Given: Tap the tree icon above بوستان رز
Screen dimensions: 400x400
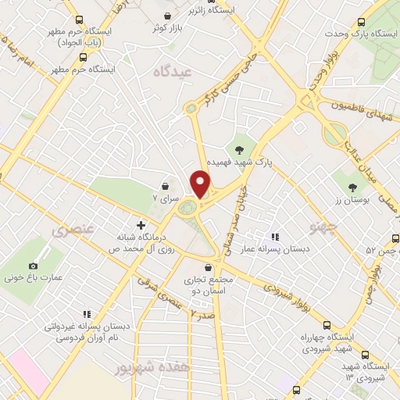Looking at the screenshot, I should pos(352,187).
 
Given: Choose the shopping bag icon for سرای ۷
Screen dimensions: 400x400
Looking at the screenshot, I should pos(166,186).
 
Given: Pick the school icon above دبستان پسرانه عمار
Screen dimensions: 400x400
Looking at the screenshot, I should pos(274,236).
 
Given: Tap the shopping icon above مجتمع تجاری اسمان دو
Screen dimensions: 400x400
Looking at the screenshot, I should pos(207,266).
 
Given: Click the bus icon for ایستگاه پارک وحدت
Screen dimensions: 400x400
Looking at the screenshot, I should pos(359,23).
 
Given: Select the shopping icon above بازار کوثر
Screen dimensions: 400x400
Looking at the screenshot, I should pos(167,16).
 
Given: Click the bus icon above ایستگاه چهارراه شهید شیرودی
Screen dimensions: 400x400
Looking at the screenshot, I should pos(327,325).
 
